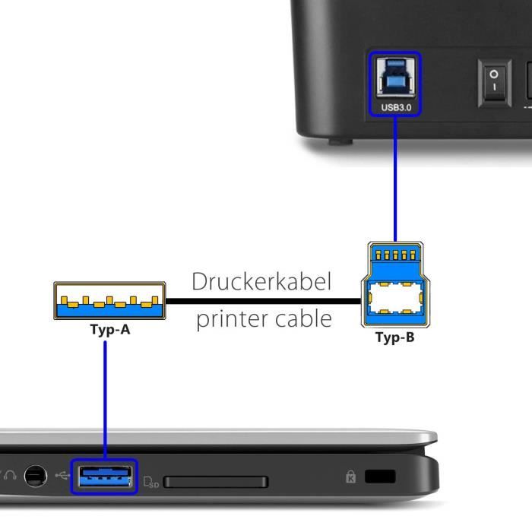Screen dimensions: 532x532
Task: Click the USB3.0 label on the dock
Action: [x=395, y=108]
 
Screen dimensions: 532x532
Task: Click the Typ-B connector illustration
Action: [x=394, y=285]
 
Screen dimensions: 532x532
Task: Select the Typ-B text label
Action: [x=394, y=337]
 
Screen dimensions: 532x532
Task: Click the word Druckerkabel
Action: [x=261, y=281]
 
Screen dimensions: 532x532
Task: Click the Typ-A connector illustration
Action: [x=109, y=301]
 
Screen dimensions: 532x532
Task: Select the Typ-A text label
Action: [x=109, y=330]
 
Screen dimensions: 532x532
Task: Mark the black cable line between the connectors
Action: [x=262, y=301]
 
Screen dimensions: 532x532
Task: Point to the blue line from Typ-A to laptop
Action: [x=106, y=395]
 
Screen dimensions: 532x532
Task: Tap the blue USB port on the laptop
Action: [x=104, y=477]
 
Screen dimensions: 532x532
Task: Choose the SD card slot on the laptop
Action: [x=215, y=482]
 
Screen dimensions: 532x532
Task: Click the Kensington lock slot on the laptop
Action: [x=380, y=477]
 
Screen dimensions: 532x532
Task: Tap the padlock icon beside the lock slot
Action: [x=350, y=477]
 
